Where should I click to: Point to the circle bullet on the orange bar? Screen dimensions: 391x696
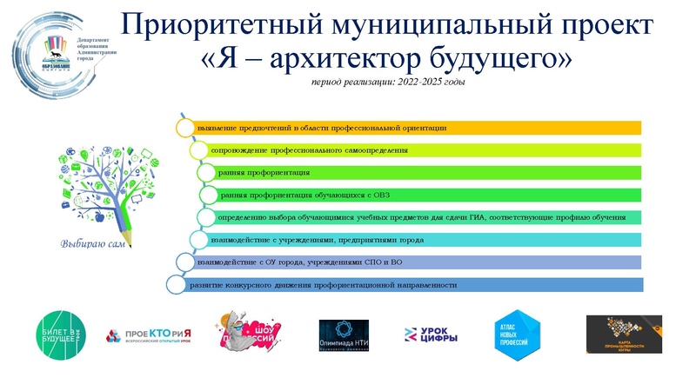pyautogui.click(x=184, y=128)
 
